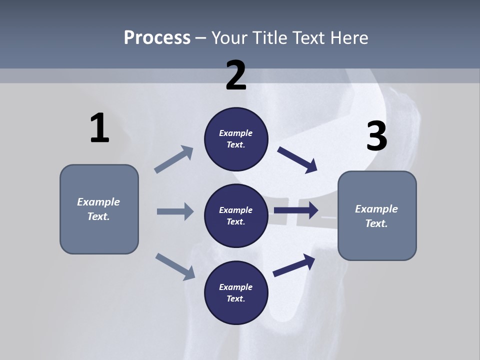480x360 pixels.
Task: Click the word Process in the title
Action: [x=157, y=38]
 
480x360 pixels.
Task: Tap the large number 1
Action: [x=99, y=128]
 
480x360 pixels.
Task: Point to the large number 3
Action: [x=376, y=136]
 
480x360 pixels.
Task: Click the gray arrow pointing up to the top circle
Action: [x=174, y=159]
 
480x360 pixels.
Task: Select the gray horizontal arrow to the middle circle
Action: [x=175, y=211]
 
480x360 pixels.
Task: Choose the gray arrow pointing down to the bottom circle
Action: [x=175, y=266]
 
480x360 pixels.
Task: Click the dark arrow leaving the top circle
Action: [x=297, y=159]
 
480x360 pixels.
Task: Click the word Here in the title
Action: [x=348, y=38]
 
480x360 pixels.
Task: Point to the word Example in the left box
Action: [x=98, y=202]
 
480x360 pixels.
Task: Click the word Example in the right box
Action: [x=376, y=209]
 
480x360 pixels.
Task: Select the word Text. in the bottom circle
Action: [x=236, y=299]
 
